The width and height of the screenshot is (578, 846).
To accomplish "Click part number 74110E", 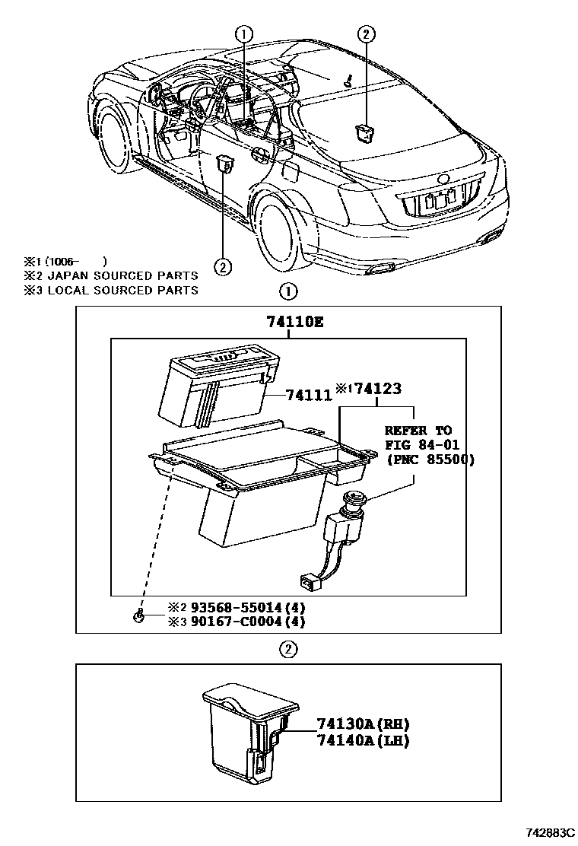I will pos(295,323).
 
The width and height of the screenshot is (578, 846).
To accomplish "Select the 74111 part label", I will pos(309,395).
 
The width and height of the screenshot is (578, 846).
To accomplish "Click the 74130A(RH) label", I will pos(358,724).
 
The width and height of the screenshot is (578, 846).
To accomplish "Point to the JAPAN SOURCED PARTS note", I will pos(122,275).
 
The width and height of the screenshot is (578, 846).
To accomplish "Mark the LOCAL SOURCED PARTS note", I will pos(122,290).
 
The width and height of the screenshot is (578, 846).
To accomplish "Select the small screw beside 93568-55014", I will pos(139,615).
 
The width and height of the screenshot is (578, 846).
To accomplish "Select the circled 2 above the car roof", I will pos(366,33).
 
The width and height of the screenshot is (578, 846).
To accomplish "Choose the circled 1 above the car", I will pos(243,33).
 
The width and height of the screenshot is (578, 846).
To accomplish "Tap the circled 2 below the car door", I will pos(222,266).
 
